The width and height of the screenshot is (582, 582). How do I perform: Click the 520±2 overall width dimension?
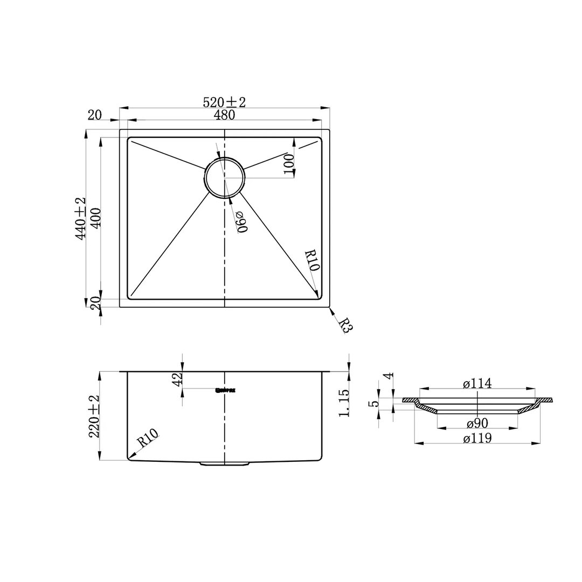[224, 102]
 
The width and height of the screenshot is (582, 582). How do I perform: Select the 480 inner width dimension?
[224, 115]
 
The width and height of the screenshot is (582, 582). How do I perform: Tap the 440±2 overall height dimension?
[80, 218]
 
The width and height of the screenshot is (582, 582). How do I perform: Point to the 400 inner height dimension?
[96, 218]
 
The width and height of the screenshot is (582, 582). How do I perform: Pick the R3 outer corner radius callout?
[344, 325]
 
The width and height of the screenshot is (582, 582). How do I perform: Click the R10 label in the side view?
[147, 439]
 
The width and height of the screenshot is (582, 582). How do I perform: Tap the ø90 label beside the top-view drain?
[241, 222]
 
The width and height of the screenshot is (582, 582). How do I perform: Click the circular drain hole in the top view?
[224, 177]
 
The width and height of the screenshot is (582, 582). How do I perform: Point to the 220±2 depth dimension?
[94, 416]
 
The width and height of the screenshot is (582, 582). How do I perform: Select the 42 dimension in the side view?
[178, 379]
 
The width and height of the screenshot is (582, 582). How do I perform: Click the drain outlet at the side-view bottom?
[224, 463]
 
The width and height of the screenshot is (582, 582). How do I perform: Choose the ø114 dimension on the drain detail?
[477, 383]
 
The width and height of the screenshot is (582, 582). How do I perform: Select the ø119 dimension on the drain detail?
[477, 438]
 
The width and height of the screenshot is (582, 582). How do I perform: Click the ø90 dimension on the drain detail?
[477, 423]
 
